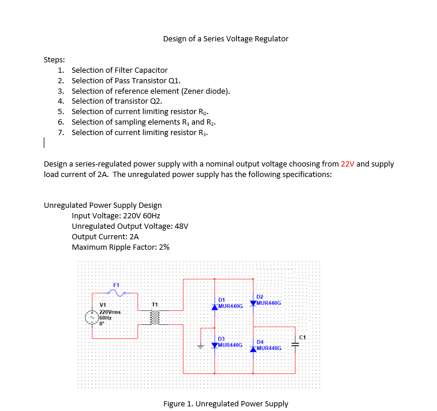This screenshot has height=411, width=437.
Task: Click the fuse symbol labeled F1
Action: pyautogui.click(x=120, y=293)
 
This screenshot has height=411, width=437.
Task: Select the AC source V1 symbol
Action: pyautogui.click(x=92, y=317)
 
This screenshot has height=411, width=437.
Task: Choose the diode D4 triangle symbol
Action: pyautogui.click(x=253, y=349)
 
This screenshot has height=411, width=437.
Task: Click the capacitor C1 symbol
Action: pyautogui.click(x=295, y=345)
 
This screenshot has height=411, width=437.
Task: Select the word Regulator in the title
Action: pyautogui.click(x=270, y=39)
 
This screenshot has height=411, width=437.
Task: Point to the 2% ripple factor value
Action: pyautogui.click(x=164, y=247)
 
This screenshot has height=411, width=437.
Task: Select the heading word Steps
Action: pyautogui.click(x=54, y=59)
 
